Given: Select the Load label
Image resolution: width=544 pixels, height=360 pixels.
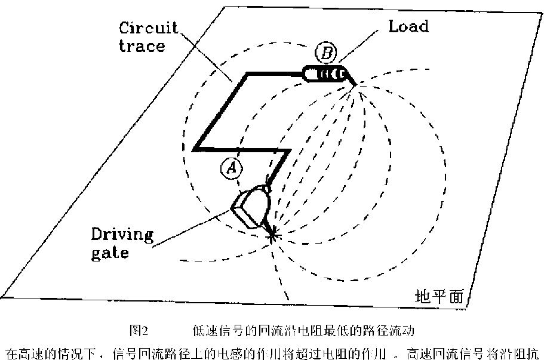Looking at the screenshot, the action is [x=408, y=27].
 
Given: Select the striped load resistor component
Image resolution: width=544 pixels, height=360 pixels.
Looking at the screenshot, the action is [x=326, y=74].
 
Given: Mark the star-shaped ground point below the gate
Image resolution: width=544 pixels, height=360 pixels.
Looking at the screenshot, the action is [x=273, y=233].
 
